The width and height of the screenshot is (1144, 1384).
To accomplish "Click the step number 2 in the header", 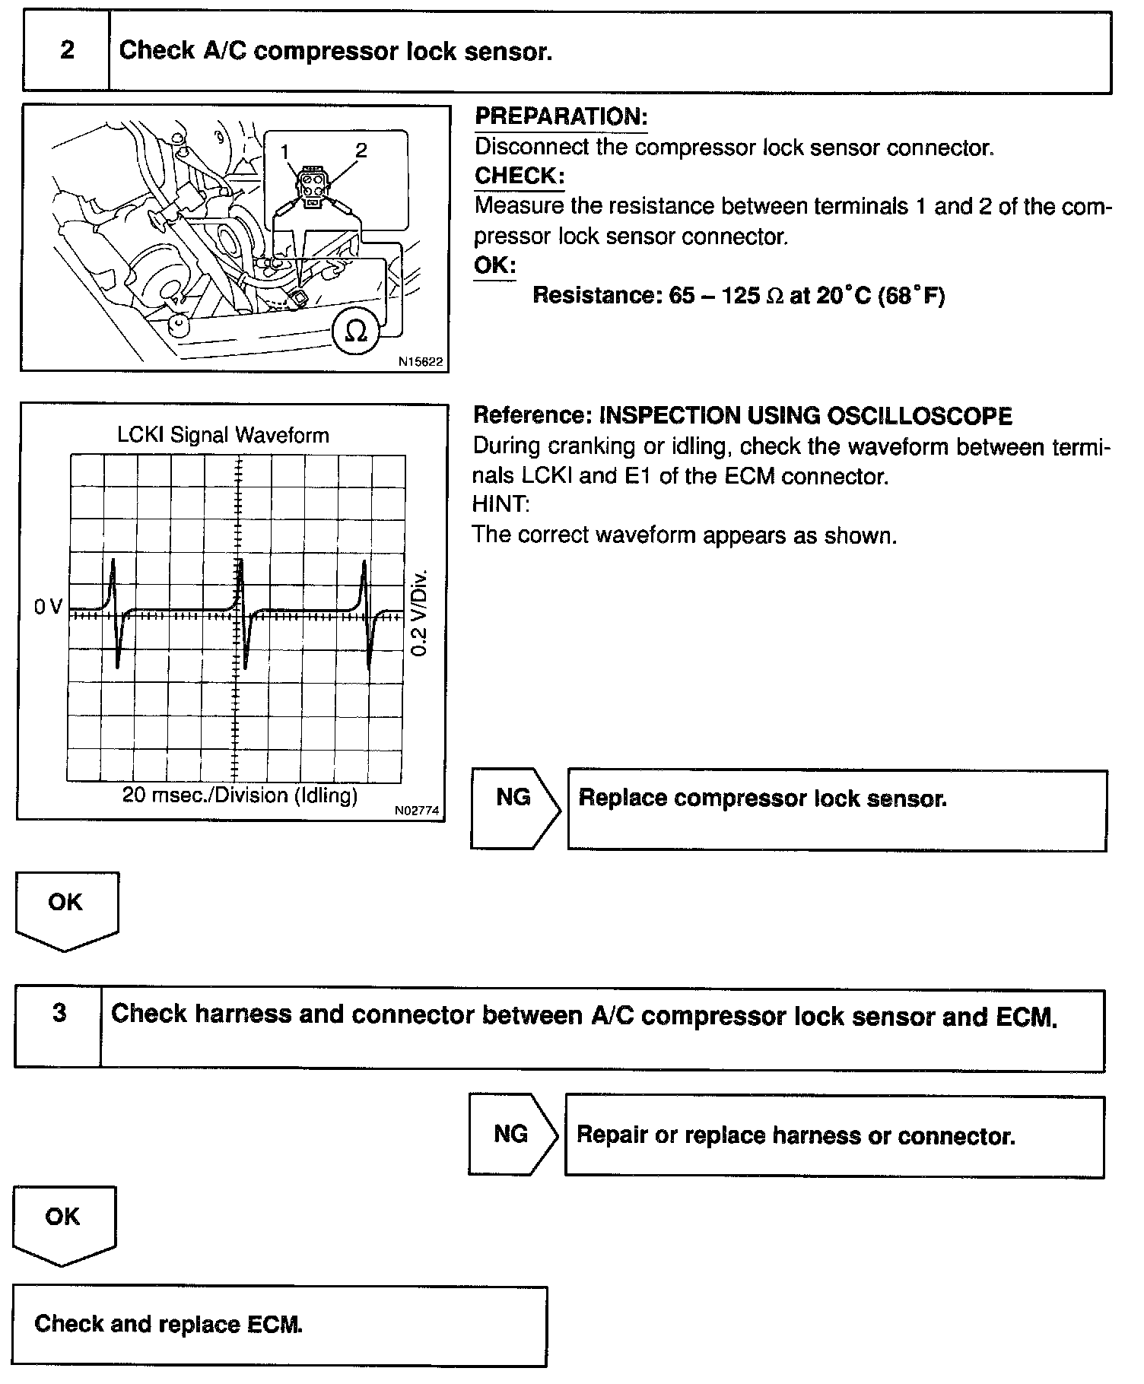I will point(67,51).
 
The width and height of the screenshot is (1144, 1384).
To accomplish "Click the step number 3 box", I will point(59,1014).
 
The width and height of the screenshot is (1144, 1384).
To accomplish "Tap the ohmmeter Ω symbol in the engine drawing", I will point(356,331).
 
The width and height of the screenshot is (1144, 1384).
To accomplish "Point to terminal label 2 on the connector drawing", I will point(361,151).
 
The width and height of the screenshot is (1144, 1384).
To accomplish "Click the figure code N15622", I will point(421,363).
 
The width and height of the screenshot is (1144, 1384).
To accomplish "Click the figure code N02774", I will point(417,811).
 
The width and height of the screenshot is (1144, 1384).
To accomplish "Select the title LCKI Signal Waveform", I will point(223,436).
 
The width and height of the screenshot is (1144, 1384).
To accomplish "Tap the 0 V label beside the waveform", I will point(48,607).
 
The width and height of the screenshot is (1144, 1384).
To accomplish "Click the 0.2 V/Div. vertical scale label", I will point(420,612).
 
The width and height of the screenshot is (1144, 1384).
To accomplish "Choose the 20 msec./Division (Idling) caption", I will point(240,795).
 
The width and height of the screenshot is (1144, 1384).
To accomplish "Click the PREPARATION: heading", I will point(561,116).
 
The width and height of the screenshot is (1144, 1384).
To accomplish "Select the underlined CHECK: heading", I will point(520,176).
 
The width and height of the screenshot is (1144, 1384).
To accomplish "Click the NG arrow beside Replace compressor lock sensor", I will point(514,797).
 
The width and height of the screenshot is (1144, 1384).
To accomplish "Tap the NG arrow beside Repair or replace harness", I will point(511,1134).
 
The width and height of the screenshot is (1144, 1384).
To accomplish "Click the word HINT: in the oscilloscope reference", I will point(500,505).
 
